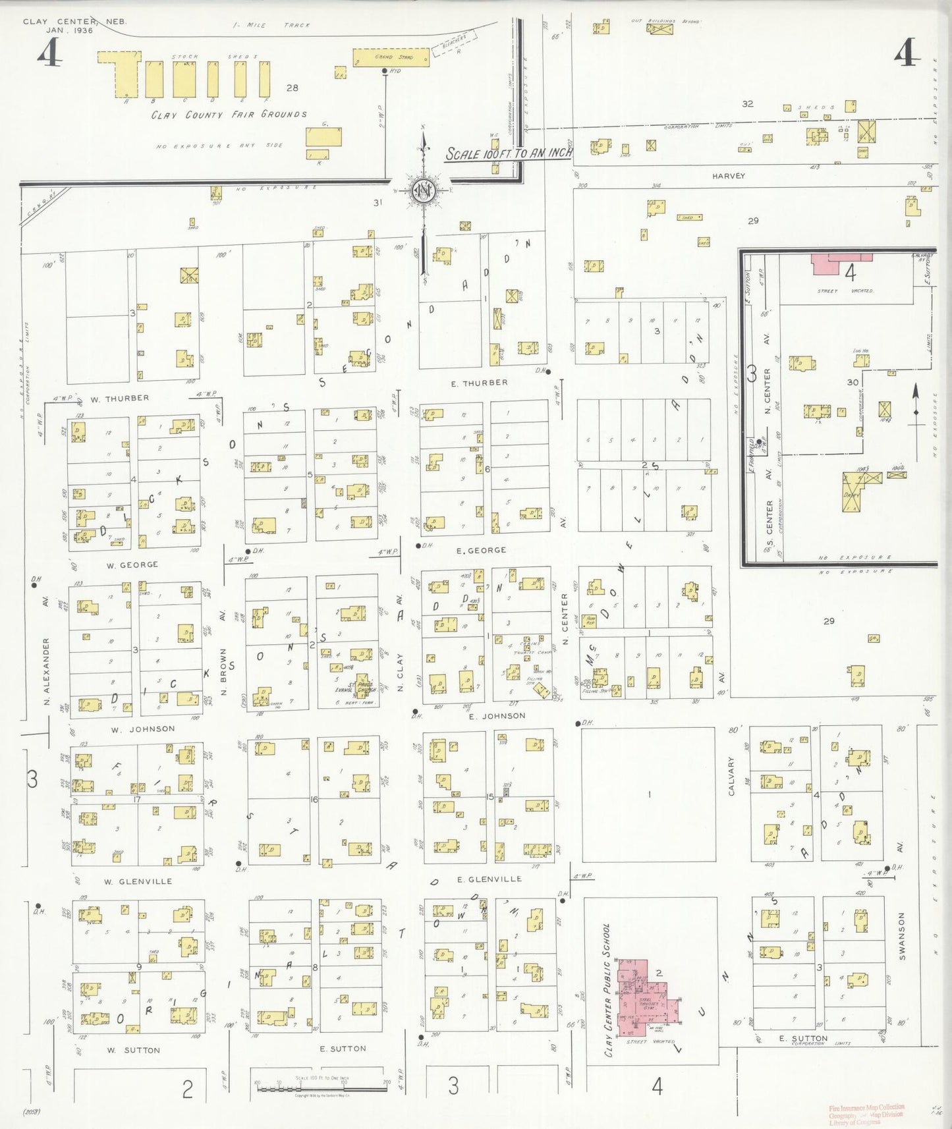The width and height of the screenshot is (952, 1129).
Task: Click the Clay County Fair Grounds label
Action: tap(229, 115)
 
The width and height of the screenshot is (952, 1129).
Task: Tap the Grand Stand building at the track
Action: tap(391, 57)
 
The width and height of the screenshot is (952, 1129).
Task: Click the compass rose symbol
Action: tap(423, 190)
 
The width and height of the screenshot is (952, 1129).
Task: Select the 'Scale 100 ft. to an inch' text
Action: tap(508, 154)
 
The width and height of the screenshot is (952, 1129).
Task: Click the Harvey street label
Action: tap(728, 176)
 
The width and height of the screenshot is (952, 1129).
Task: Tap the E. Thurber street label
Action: tap(479, 383)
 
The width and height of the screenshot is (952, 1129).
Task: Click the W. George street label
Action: tap(132, 564)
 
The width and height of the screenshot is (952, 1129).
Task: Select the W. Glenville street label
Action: tap(138, 881)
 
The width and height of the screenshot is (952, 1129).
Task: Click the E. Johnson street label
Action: tap(497, 716)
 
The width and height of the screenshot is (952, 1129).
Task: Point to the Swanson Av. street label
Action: tap(901, 935)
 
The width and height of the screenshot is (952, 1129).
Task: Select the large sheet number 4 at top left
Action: tap(49, 53)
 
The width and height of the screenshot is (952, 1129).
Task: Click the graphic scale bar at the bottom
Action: tap(322, 1084)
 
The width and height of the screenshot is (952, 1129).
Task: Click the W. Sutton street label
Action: tap(134, 1050)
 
